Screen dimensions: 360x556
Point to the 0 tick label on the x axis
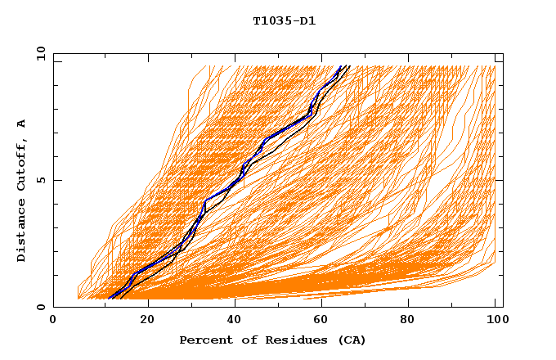coord(54,321)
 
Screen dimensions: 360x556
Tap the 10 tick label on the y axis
coord(40,53)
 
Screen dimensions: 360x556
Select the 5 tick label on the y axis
coord(40,180)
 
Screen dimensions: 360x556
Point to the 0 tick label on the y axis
coord(40,307)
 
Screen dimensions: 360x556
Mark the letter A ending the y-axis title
coord(21,124)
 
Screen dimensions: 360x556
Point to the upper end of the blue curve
coord(341,66)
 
